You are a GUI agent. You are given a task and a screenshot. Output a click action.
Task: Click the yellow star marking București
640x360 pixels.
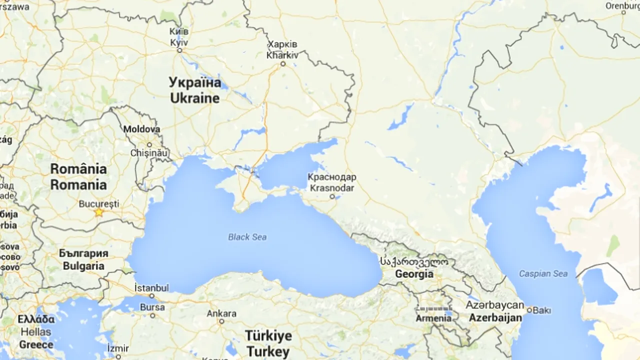point(99,212)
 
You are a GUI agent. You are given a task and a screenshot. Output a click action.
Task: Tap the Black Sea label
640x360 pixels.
point(247,237)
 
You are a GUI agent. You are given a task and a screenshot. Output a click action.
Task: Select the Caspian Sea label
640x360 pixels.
point(543,273)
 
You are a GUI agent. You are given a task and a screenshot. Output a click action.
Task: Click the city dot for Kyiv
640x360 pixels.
point(179,50)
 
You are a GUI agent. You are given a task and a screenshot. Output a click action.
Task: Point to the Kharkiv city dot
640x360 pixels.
point(283,64)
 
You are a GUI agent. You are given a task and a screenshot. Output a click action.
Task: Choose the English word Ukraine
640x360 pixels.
point(194,98)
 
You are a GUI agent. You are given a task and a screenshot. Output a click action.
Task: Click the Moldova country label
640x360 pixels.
point(141,129)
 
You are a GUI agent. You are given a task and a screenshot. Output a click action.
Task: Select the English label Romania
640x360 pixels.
point(78,185)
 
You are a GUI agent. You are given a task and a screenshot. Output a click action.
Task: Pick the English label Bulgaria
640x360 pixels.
point(83,266)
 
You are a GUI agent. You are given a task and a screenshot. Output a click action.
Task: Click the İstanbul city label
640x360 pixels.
point(151,287)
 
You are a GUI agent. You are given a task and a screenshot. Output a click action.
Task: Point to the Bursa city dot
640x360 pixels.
point(152,315)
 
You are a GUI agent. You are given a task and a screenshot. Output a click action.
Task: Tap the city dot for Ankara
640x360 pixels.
point(221,321)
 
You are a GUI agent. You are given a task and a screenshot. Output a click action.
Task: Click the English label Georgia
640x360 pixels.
point(414,274)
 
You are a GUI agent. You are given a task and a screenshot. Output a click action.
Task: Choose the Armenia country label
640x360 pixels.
point(433,318)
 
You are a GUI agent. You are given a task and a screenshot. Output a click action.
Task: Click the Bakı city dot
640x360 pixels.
point(529,310)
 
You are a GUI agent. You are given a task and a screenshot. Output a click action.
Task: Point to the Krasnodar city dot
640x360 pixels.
point(332,196)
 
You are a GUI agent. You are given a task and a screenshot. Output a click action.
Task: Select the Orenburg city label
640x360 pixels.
point(622,6)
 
